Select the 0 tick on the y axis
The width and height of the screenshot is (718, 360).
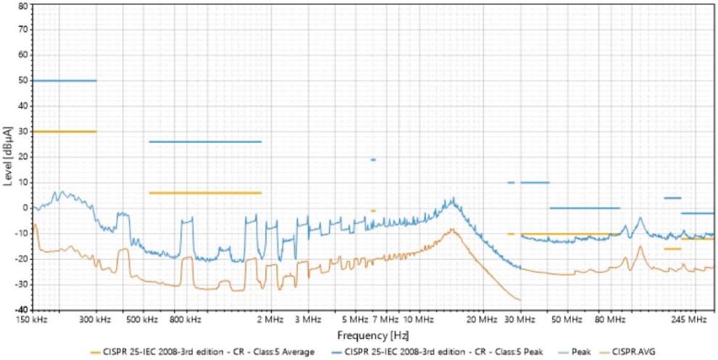coord(25,208)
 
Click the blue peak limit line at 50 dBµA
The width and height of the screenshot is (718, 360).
coord(64,80)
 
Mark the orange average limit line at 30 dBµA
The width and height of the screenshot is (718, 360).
coord(64,131)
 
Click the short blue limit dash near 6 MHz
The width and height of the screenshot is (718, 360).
coord(373,159)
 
